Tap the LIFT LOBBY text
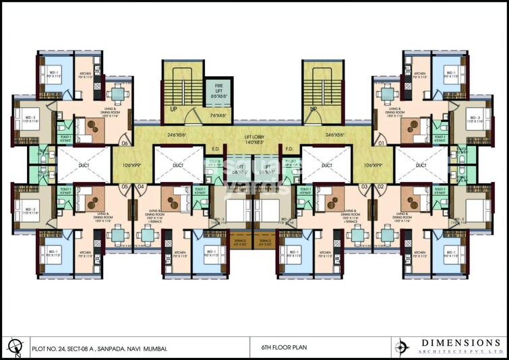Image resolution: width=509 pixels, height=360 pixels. [x=254, y=136]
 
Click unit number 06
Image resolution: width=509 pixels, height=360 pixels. [x=124, y=143]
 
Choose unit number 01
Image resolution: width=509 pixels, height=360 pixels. [x=381, y=143]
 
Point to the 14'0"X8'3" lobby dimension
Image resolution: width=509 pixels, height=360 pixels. [x=254, y=142]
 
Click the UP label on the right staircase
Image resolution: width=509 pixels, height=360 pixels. [x=312, y=109]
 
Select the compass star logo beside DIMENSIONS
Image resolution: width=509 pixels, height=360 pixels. [x=403, y=347]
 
